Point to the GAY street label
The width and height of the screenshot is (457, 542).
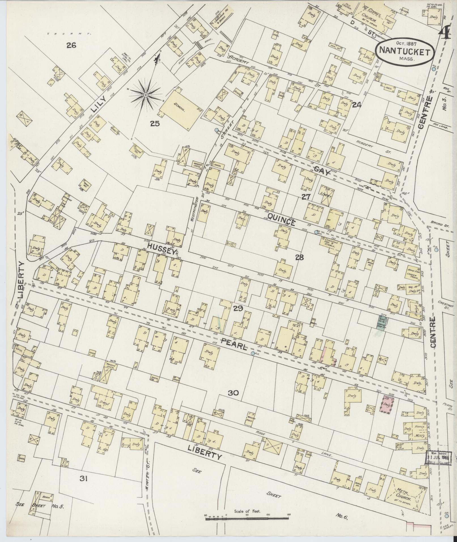[x=322, y=171]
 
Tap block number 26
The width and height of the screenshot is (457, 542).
[x=71, y=45]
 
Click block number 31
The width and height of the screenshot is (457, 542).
[x=83, y=479]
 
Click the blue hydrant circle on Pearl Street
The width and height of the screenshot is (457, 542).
[x=252, y=353]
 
